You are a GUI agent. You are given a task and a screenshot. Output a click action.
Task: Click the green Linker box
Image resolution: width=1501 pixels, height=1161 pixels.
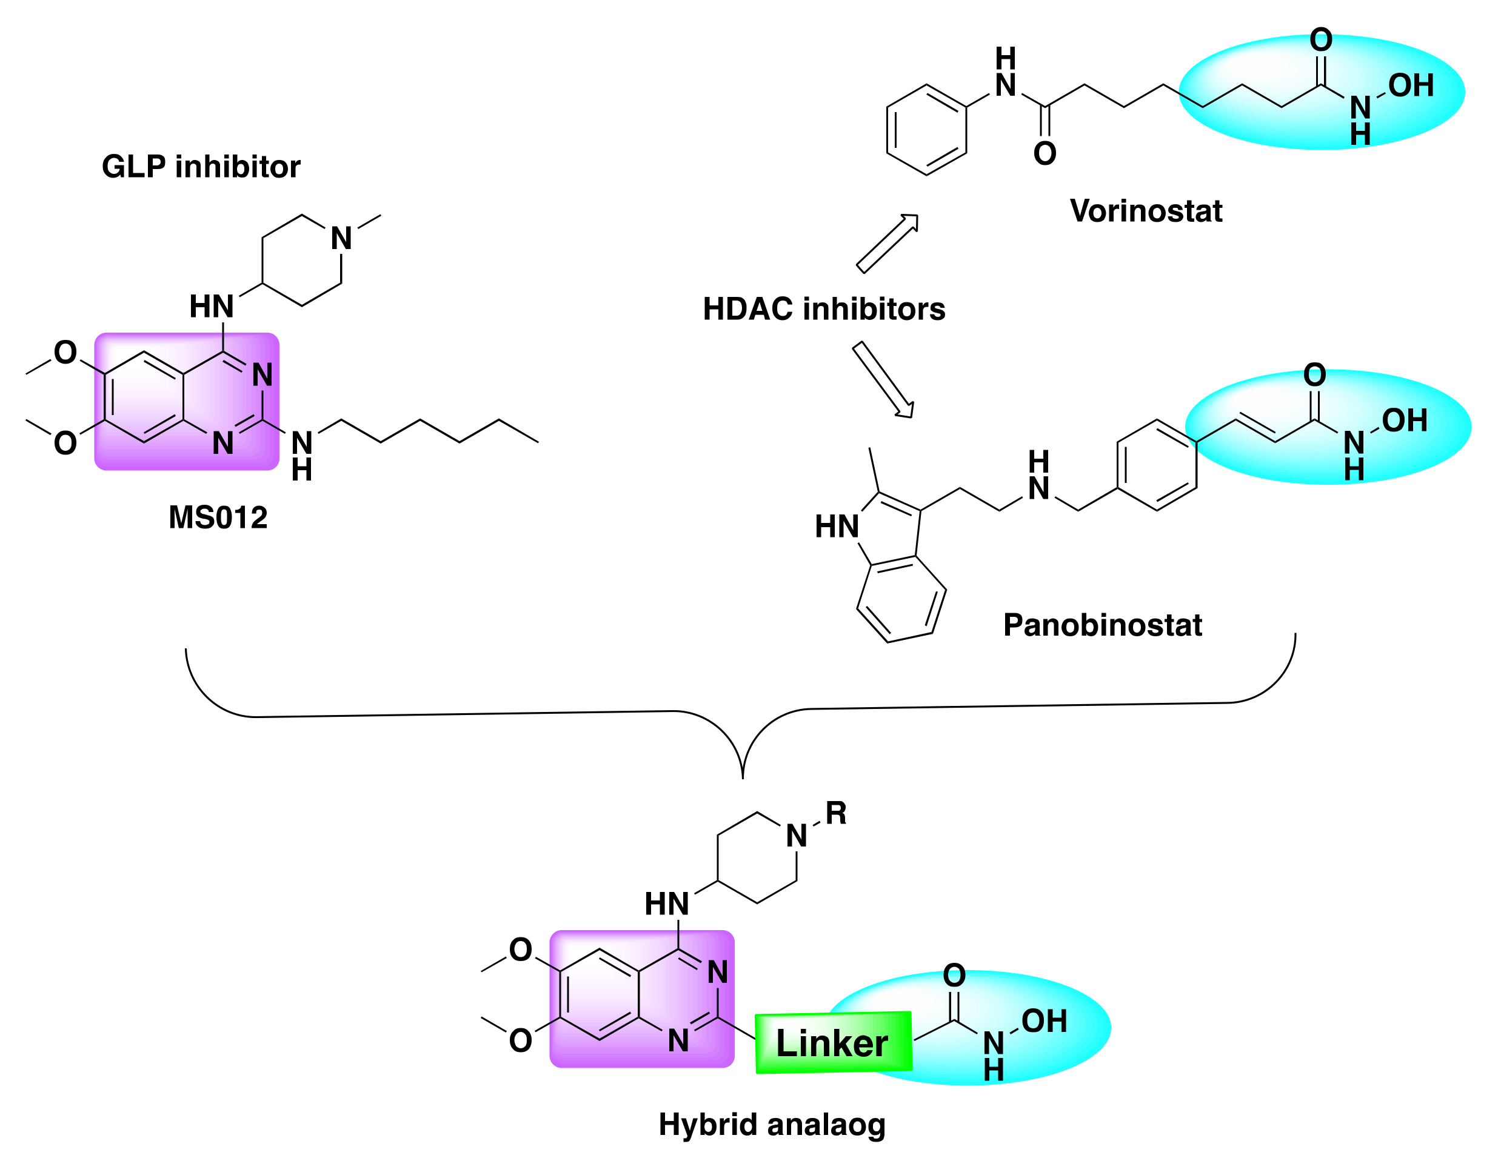click(x=833, y=1043)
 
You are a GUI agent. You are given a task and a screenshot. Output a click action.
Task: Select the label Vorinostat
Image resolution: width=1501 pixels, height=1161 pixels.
click(x=1146, y=211)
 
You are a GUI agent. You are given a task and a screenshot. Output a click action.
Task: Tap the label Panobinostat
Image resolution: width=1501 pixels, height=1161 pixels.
click(x=1102, y=625)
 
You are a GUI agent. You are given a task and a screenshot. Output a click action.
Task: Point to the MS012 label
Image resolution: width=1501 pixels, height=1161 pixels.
click(x=218, y=517)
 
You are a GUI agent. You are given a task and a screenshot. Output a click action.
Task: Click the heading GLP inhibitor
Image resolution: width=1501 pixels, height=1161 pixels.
click(x=201, y=167)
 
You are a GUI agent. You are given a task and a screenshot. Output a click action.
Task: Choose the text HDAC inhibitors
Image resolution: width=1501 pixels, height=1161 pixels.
click(x=823, y=309)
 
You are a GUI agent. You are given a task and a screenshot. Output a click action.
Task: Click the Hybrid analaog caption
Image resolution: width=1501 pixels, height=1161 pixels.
click(x=772, y=1125)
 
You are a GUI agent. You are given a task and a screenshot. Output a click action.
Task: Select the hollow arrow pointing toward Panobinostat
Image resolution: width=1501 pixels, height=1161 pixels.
click(x=883, y=379)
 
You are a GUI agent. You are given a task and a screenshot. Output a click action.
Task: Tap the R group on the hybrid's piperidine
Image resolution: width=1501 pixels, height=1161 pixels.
click(x=836, y=813)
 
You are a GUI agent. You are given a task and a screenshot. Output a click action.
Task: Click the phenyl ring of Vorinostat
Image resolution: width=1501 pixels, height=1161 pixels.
click(x=926, y=130)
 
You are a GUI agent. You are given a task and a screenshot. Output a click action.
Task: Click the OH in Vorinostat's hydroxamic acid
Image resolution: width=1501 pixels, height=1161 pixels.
click(x=1410, y=86)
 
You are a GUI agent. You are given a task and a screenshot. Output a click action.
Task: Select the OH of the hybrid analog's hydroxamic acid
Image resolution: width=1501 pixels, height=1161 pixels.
click(x=1044, y=1022)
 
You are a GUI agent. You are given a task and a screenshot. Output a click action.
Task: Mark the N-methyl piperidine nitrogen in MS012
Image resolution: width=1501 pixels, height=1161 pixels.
click(x=341, y=238)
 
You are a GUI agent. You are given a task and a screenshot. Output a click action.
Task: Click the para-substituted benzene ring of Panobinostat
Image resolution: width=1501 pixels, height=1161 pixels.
click(x=1157, y=465)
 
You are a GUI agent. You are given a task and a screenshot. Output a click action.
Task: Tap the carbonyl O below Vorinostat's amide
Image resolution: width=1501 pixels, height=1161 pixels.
click(x=1045, y=154)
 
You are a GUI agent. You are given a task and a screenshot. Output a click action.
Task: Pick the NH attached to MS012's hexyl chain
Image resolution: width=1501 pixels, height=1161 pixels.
click(x=302, y=454)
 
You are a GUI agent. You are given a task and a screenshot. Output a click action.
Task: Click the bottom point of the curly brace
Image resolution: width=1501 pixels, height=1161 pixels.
click(x=743, y=777)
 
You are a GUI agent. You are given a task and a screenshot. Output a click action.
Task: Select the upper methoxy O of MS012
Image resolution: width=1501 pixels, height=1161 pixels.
click(x=65, y=353)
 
